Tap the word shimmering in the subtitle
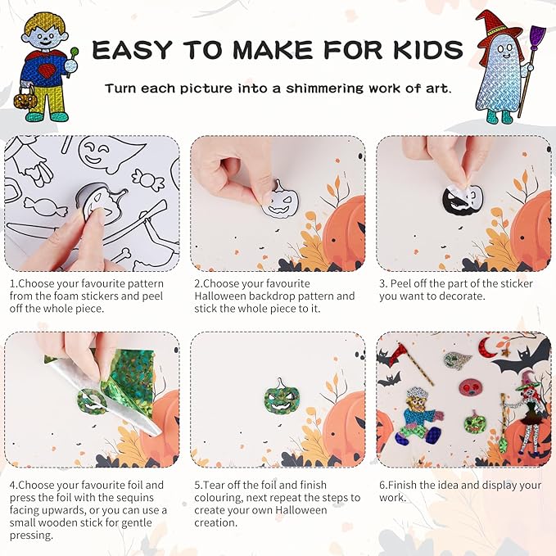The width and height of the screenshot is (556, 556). (315, 88)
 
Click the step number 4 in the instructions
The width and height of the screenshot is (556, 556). (13, 485)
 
